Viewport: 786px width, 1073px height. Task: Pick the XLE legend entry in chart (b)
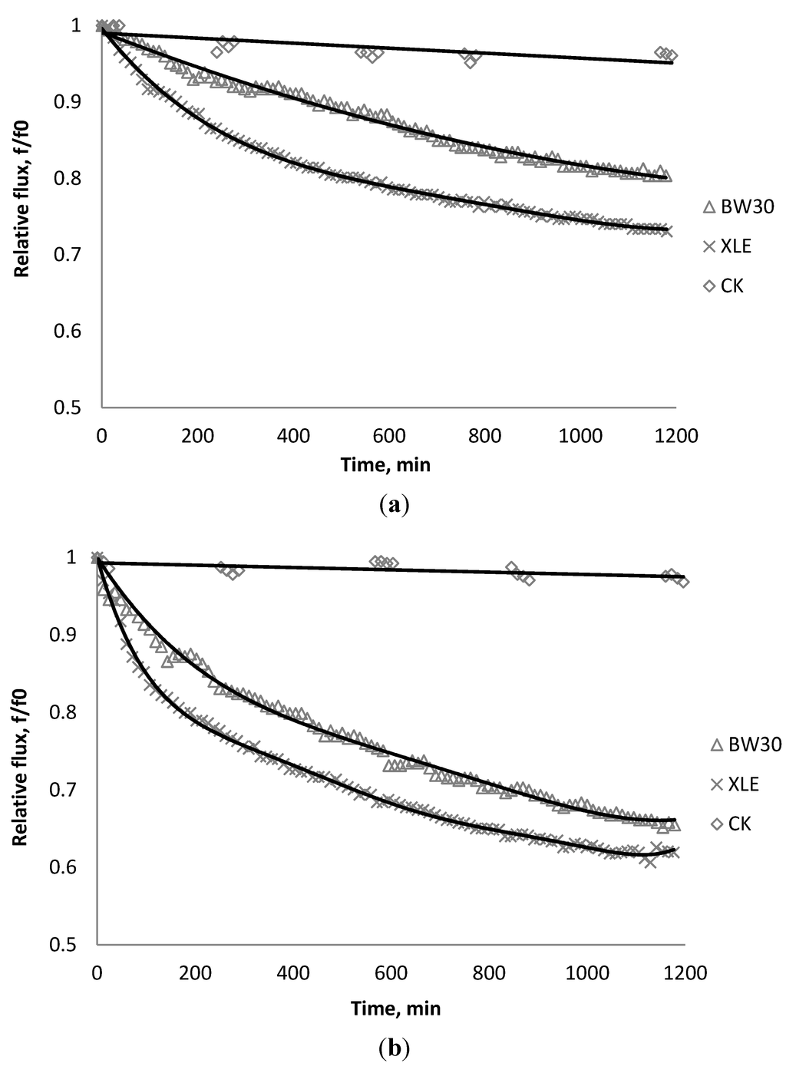[x=735, y=784]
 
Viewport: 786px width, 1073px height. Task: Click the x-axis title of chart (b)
[x=396, y=1008]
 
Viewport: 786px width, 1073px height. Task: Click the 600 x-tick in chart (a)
[x=390, y=436]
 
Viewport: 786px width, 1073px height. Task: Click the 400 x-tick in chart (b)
[x=292, y=972]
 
